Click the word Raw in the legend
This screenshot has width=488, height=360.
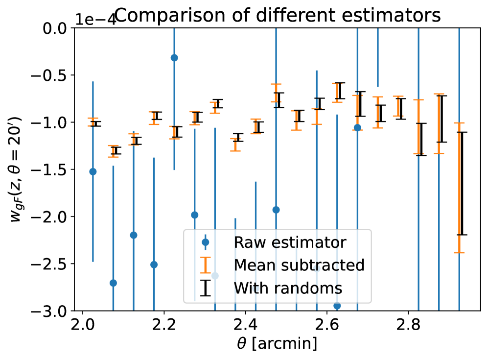tap(246, 243)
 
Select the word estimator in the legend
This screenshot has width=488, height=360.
tap(304, 243)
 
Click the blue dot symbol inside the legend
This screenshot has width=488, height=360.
tap(206, 242)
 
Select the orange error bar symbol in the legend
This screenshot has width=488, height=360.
tap(206, 265)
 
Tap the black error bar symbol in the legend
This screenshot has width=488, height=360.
tap(206, 288)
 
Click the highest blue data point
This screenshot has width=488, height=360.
tap(174, 58)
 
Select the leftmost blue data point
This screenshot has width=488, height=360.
tap(93, 171)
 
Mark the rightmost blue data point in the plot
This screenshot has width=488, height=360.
tap(357, 128)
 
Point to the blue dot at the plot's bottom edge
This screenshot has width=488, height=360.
tap(337, 306)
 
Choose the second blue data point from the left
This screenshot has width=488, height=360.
tap(113, 283)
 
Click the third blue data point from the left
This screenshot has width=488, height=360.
tap(134, 235)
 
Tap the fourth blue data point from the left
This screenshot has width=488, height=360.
tap(154, 264)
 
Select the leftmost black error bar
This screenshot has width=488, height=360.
tap(96, 124)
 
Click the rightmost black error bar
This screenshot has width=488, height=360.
tap(462, 184)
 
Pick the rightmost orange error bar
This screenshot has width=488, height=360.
tap(459, 188)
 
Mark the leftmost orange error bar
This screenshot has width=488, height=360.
tap(93, 122)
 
